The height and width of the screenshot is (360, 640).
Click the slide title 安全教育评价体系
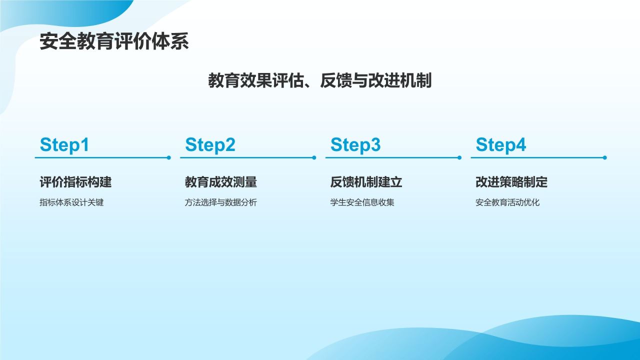tap(114, 41)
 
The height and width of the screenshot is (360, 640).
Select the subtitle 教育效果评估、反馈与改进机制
tap(319, 80)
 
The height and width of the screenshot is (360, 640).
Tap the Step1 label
tap(64, 145)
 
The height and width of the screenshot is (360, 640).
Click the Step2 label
tap(210, 145)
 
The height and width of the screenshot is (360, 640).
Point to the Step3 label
tap(355, 145)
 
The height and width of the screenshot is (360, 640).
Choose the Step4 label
tap(501, 145)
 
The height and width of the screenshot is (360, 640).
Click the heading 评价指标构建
tap(75, 182)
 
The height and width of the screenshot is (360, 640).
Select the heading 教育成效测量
tap(221, 182)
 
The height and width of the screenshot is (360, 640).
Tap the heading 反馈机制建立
tap(366, 182)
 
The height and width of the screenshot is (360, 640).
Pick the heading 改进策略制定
tap(511, 182)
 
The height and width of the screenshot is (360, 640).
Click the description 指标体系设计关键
tap(71, 202)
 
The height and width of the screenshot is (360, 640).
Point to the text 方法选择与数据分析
tap(221, 202)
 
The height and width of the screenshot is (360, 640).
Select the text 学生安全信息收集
tap(362, 202)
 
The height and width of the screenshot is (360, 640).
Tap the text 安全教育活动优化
tap(507, 202)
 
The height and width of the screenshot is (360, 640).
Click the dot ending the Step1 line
tap(169, 157)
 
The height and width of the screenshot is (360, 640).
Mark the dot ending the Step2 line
tap(314, 157)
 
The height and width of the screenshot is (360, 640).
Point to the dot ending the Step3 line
tap(459, 157)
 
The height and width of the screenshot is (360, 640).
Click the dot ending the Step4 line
tap(605, 157)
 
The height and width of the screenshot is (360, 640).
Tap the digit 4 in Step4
tap(520, 144)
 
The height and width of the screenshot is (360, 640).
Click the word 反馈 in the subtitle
tap(336, 80)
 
